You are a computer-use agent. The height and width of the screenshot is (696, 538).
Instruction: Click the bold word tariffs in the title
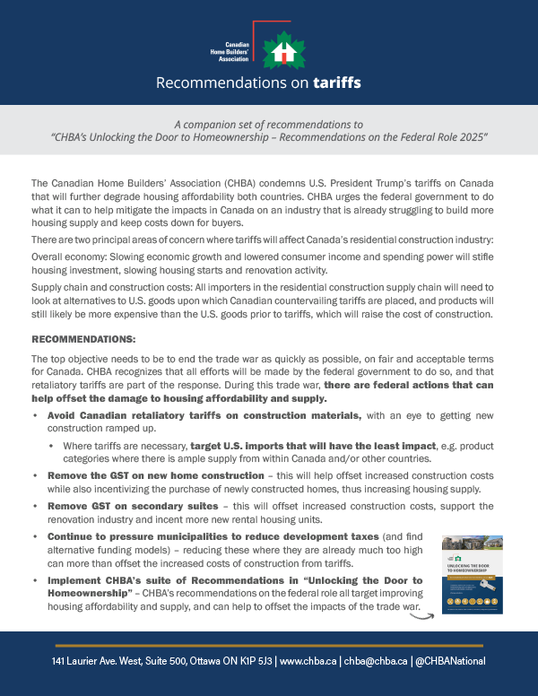pos(337,83)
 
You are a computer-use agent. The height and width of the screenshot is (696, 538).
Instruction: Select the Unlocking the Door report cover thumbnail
pos(473,574)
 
